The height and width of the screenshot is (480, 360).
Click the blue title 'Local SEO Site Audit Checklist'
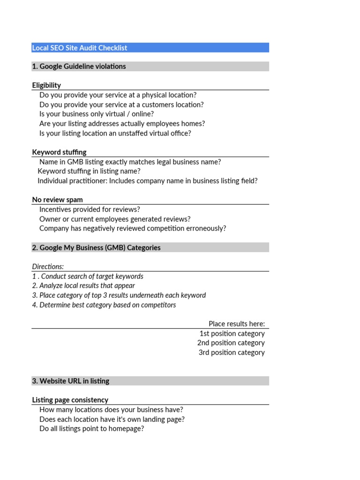(x=80, y=48)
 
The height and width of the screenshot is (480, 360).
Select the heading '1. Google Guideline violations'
(x=79, y=67)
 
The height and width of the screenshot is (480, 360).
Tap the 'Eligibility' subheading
(x=46, y=85)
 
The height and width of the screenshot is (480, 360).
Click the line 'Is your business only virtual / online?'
(x=97, y=114)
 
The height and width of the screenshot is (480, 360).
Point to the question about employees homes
(x=122, y=124)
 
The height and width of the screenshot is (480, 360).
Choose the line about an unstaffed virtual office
(x=115, y=133)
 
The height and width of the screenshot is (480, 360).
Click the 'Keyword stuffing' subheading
(x=59, y=152)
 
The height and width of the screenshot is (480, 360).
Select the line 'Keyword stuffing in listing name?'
(x=89, y=172)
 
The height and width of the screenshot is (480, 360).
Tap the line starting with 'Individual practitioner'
(x=147, y=181)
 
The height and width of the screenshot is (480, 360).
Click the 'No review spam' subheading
(x=57, y=200)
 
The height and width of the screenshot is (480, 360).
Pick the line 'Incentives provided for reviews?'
(x=90, y=210)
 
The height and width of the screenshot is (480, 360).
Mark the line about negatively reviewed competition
(x=133, y=228)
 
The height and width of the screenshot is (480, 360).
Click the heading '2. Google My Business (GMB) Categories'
(x=96, y=247)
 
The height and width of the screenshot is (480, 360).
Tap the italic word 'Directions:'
(x=48, y=267)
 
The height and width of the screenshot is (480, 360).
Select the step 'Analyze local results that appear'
(x=83, y=285)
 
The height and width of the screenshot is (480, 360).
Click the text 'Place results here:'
(x=237, y=324)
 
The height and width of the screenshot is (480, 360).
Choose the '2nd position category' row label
(x=231, y=343)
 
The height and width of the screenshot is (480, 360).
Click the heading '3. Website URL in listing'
(x=70, y=381)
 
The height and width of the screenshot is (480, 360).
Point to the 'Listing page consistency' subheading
(x=70, y=400)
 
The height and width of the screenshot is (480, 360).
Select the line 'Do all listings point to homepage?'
(x=91, y=428)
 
